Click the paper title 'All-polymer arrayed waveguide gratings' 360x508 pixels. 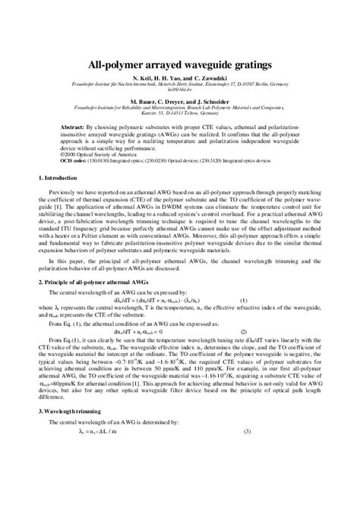(180, 66)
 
